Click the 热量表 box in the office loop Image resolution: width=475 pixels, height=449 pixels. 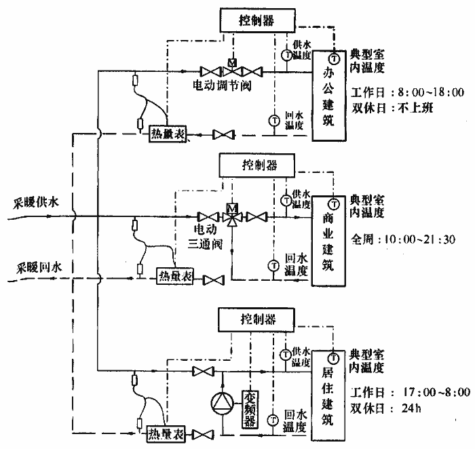(x=169, y=135)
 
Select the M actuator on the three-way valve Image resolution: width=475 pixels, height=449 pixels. (x=233, y=206)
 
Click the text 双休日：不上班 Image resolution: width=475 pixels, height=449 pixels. (x=393, y=107)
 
